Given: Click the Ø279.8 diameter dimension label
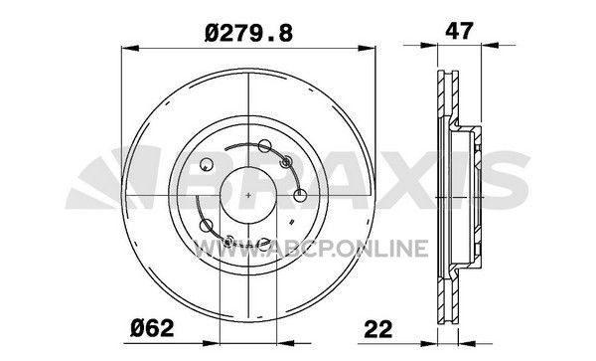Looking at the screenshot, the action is point(248,33).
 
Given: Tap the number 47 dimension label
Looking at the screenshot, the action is point(459,31).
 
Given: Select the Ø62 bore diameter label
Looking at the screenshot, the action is point(152,328).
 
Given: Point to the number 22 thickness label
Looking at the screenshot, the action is point(377,329).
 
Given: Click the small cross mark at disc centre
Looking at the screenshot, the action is point(248,195).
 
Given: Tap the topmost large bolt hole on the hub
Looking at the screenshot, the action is point(264,146).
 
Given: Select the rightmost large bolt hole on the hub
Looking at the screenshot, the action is point(300,195).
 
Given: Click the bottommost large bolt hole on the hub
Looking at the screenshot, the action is point(263,245).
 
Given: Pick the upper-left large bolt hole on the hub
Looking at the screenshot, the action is point(207,164).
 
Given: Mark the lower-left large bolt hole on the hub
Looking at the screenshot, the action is point(207,226).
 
